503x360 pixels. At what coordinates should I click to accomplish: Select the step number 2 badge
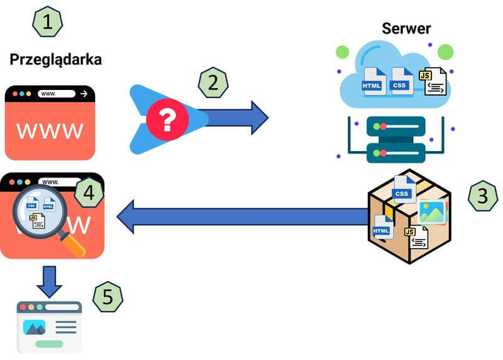click(x=213, y=82)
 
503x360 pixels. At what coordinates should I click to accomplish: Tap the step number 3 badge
click(x=483, y=196)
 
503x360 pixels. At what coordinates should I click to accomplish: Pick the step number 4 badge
click(x=89, y=193)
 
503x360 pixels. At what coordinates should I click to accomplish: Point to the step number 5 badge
click(x=108, y=296)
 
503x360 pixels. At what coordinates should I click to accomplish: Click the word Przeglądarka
click(x=55, y=60)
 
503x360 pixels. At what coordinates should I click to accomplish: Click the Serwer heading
click(x=406, y=28)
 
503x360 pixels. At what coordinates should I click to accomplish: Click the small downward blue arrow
click(x=49, y=281)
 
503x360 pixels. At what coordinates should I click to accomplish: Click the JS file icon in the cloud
click(x=434, y=82)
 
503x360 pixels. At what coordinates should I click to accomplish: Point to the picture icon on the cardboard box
click(x=431, y=212)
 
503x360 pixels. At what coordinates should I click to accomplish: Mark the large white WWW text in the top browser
click(x=50, y=130)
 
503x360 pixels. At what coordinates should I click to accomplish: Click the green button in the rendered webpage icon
click(x=49, y=344)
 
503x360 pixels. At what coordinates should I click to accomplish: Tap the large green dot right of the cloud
click(x=445, y=52)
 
